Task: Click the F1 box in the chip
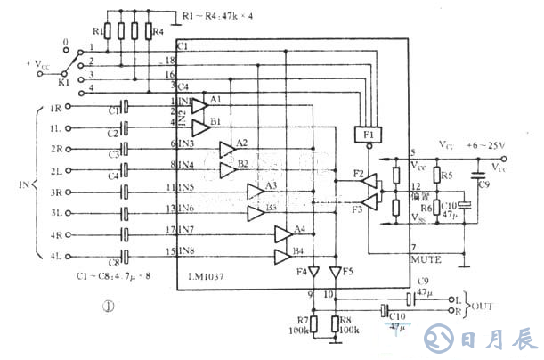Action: tap(367, 135)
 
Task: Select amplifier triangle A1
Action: tap(199, 104)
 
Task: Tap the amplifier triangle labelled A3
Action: tap(256, 190)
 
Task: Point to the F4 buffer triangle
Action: tap(313, 271)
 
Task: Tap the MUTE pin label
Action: tap(425, 258)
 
